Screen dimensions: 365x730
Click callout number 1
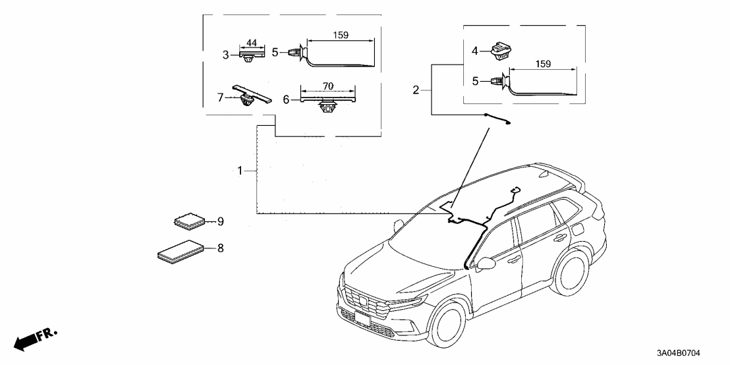[x=240, y=171]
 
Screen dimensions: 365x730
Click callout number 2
[x=416, y=90]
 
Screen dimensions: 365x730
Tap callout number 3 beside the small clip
[x=225, y=55]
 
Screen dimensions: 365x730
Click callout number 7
[x=221, y=97]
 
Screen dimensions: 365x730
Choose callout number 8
[x=221, y=248]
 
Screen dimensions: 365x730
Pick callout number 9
[x=221, y=221]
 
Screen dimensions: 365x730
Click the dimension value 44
[x=251, y=43]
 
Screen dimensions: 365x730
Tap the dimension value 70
[x=327, y=85]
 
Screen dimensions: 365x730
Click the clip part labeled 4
[x=505, y=50]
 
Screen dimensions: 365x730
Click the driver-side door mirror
[x=486, y=264]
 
